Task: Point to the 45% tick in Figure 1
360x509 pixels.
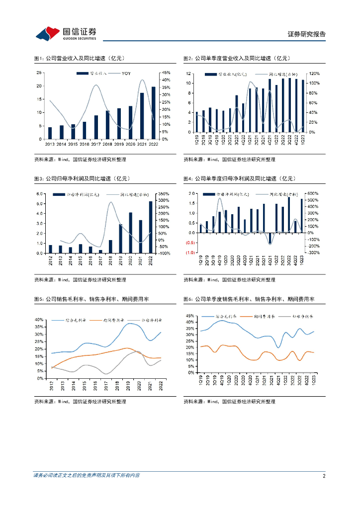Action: tap(166, 73)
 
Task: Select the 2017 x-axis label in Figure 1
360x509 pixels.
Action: tap(96, 144)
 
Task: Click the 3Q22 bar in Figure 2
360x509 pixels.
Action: tap(289, 105)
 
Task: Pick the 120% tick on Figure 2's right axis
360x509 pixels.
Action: tap(314, 73)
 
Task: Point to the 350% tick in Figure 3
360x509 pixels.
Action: tap(164, 194)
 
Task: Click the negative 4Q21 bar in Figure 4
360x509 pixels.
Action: tap(270, 238)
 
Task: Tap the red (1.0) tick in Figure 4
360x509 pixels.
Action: tap(190, 253)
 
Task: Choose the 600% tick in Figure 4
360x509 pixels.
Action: tap(313, 193)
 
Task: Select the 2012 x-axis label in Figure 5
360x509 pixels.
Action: tap(51, 385)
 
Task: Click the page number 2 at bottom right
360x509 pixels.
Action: tap(324, 476)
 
